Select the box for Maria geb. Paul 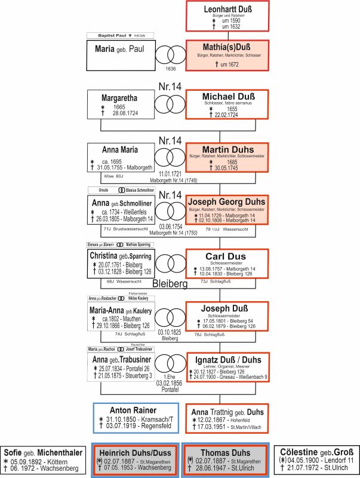tap(119, 54)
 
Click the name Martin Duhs tap(227, 149)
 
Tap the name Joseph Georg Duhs tap(227, 201)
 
